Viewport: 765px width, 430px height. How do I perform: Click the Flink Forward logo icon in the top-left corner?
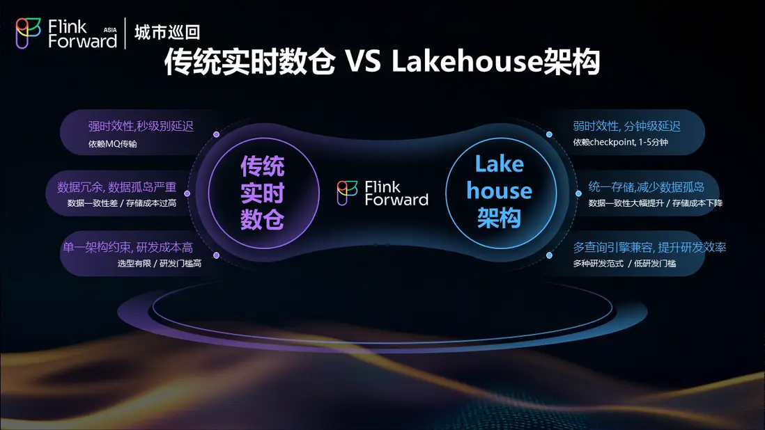tap(28, 33)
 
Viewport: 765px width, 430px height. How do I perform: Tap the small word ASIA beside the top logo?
tap(110, 30)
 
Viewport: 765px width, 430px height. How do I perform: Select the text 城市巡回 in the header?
tap(167, 32)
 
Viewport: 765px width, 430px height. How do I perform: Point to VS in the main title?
tap(362, 62)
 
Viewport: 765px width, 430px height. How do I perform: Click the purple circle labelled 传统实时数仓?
tap(263, 193)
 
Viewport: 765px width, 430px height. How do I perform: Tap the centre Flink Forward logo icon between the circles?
tap(347, 193)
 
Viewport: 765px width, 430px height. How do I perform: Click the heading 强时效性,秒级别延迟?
tap(141, 126)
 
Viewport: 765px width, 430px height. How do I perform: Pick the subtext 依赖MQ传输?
tap(112, 143)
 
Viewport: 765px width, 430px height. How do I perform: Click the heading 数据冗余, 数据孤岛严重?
tap(116, 187)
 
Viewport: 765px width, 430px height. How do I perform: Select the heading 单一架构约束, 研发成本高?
tap(127, 248)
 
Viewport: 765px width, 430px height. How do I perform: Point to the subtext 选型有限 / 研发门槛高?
tap(159, 264)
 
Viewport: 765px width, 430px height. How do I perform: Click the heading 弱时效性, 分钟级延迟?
tap(626, 126)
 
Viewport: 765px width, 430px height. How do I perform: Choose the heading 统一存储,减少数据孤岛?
tap(646, 187)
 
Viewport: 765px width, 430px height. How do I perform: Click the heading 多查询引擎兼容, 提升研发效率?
tap(649, 248)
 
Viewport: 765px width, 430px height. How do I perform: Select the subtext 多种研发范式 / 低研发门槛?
tap(624, 264)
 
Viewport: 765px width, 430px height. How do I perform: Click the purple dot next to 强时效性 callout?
tap(217, 134)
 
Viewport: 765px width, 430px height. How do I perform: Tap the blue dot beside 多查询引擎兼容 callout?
tap(549, 255)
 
